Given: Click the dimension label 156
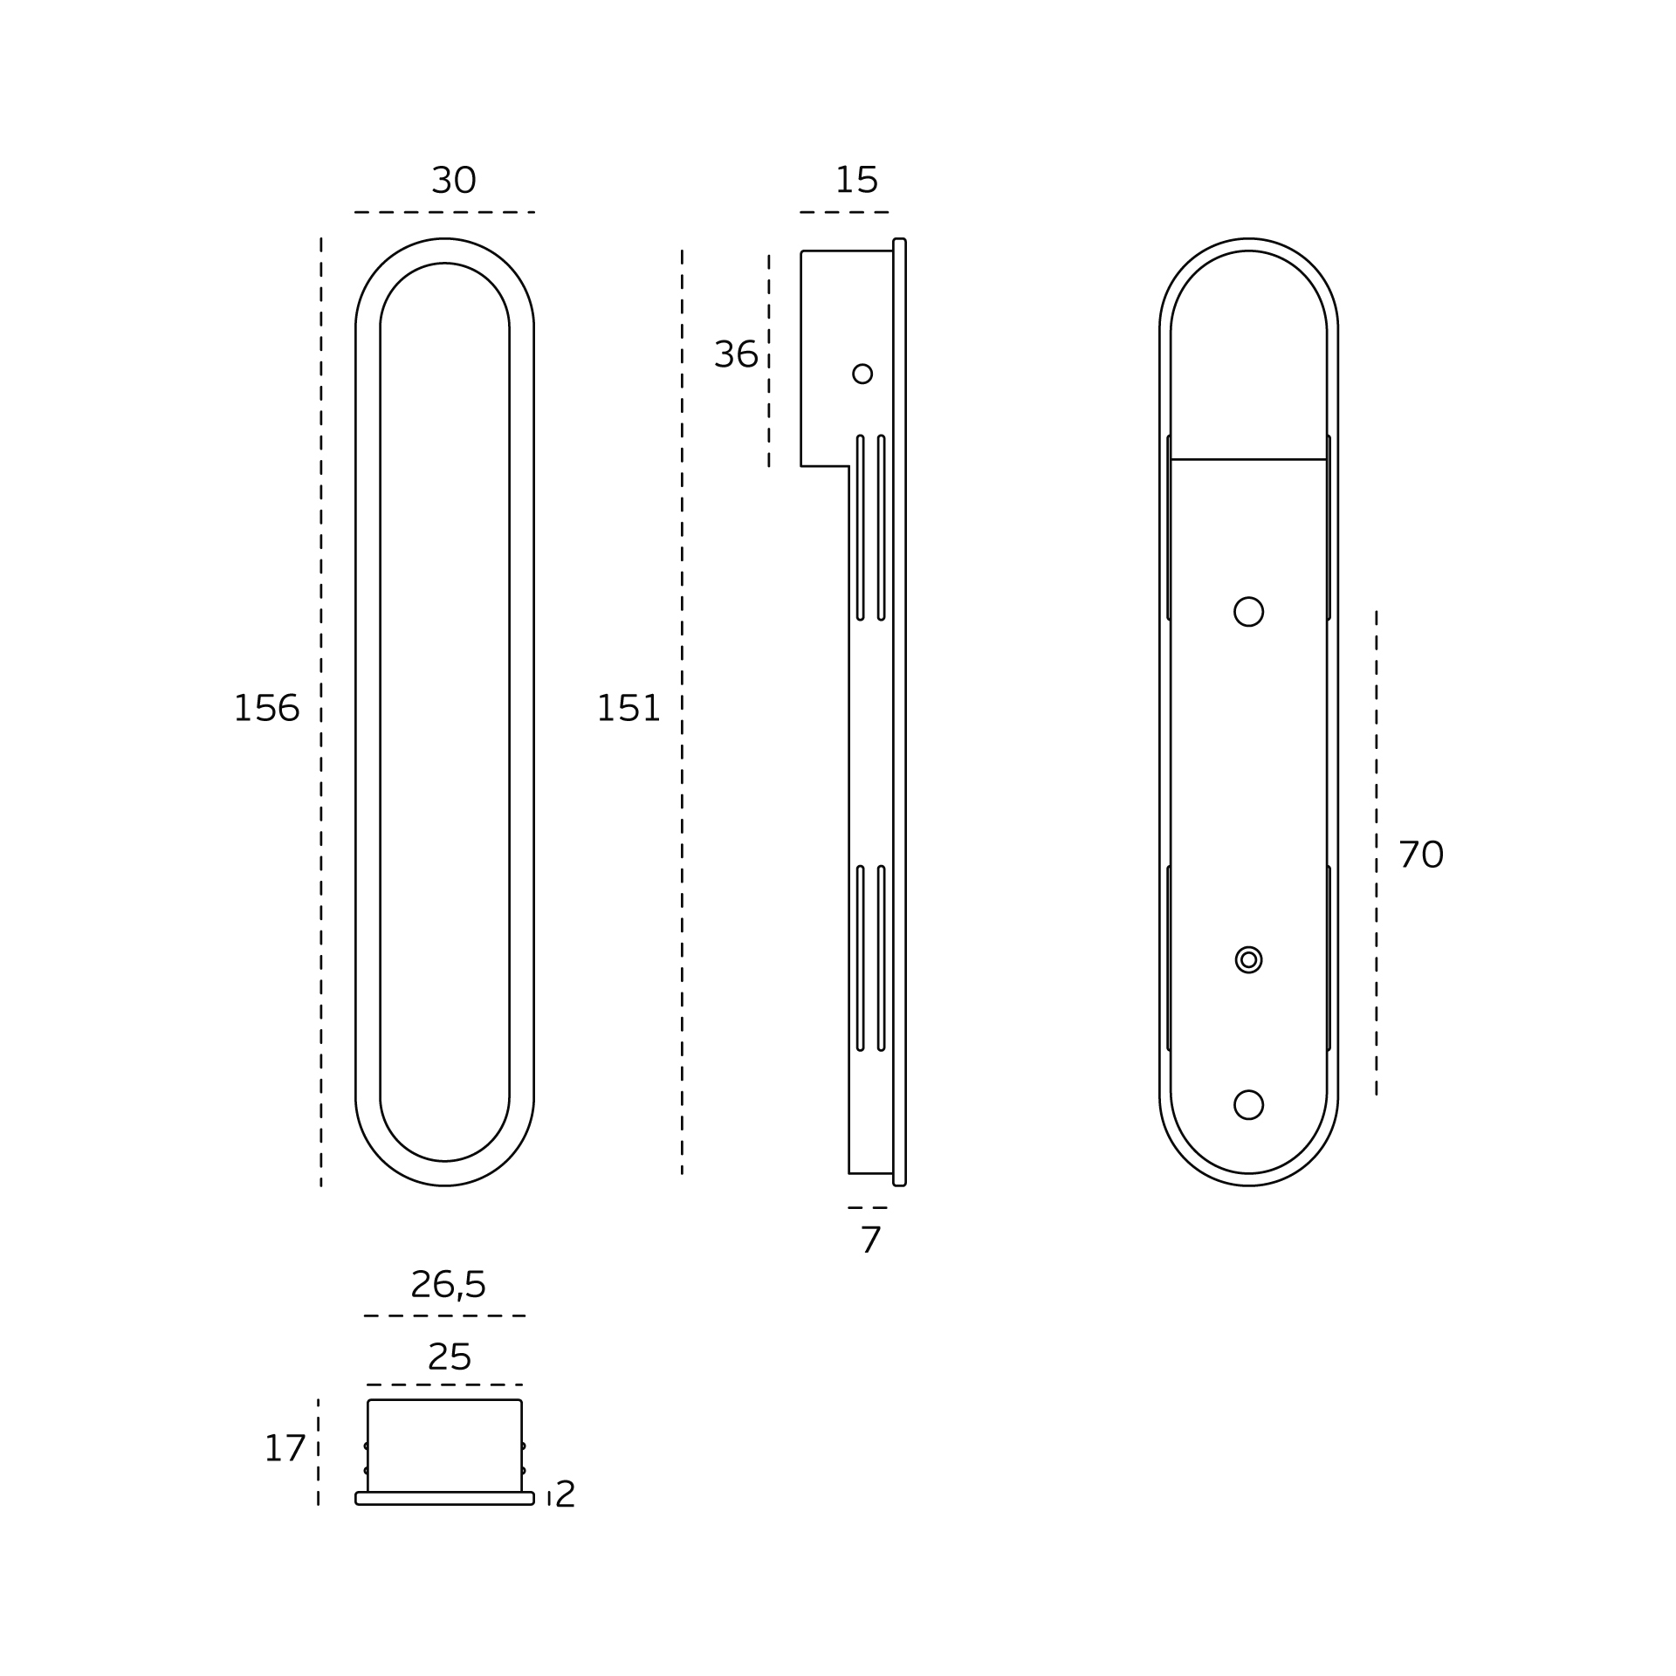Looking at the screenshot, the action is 266,708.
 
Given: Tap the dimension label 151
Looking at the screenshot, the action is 628,708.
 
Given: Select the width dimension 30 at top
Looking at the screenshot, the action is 454,181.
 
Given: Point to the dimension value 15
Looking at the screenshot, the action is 856,180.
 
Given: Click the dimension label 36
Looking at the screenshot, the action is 736,354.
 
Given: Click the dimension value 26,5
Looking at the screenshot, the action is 448,1285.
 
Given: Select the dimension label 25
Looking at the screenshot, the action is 450,1357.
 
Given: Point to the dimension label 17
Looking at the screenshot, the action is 285,1449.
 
